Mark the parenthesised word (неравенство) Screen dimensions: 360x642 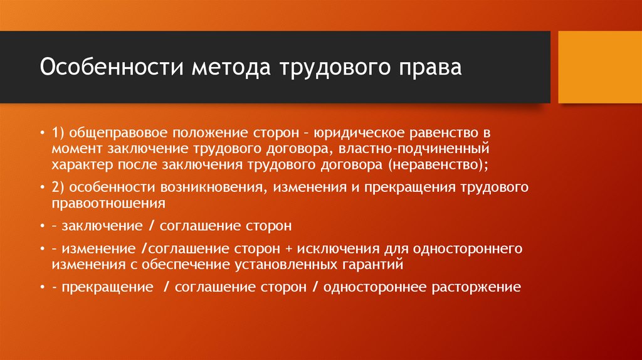(x=437, y=164)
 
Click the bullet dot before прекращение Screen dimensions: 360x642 (x=42, y=288)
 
